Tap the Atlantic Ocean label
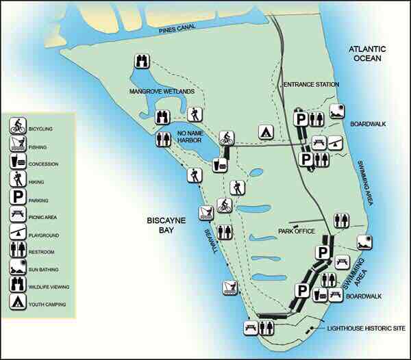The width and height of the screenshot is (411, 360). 366,53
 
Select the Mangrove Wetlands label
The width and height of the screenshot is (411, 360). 162,91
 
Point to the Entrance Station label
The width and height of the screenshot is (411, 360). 311,84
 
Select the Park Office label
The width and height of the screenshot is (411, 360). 296,231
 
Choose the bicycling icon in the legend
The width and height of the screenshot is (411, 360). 18,127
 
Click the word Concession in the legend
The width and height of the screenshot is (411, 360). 45,164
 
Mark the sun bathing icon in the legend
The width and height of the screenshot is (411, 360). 18,267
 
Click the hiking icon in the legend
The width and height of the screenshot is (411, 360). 18,181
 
